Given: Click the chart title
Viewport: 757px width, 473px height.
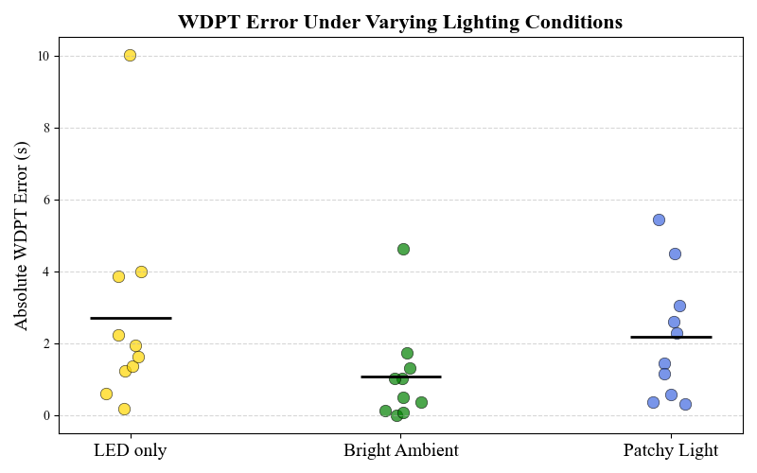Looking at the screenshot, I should click(399, 22).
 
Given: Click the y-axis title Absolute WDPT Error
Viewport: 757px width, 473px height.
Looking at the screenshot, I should click(22, 236).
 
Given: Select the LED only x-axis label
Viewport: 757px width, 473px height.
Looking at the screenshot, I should click(130, 450).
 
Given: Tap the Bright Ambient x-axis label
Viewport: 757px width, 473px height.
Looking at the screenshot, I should click(401, 450).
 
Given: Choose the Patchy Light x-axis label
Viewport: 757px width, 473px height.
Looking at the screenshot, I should click(671, 450).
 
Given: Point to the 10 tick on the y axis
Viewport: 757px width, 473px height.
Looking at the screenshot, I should click(44, 56).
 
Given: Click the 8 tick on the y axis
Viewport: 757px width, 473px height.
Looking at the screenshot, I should click(46, 128).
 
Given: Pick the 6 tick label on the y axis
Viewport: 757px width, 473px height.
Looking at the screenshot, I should click(46, 200).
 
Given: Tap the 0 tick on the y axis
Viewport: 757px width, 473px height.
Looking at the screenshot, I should click(46, 415).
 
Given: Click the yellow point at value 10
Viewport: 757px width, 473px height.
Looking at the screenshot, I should click(130, 55).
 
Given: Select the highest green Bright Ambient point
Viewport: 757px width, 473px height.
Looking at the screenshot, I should click(403, 249).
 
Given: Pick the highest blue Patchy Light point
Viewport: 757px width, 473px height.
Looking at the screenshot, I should click(659, 219).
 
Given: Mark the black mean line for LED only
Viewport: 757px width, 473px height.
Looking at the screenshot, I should click(131, 318).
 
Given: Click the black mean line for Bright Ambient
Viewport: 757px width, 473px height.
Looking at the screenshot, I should click(401, 377).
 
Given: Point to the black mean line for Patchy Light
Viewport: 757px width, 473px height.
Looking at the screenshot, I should click(671, 337).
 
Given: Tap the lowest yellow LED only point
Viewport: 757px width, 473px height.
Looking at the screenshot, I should click(124, 409).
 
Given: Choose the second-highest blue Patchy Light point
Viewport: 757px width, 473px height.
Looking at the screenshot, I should click(675, 254).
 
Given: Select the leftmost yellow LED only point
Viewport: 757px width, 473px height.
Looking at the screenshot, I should click(106, 394).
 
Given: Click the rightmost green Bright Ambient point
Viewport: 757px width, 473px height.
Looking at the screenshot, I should click(421, 402).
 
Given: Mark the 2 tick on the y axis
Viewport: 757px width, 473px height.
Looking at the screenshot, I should click(46, 343).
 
